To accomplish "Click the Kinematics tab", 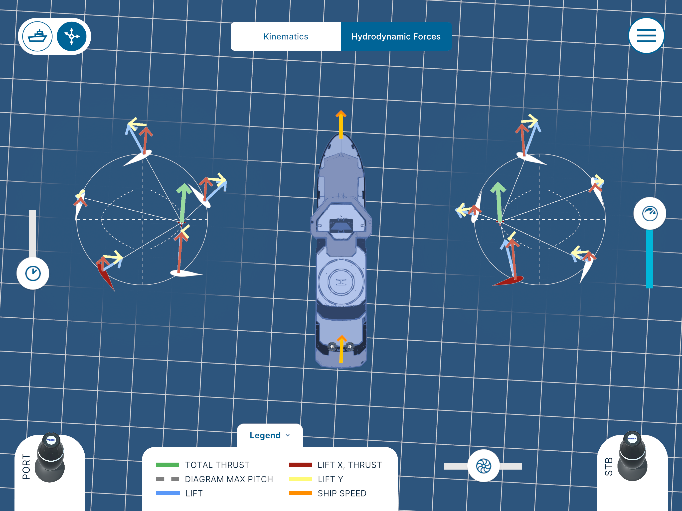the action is [x=286, y=36].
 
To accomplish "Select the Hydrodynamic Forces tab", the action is [x=396, y=36].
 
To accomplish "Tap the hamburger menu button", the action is [x=646, y=36].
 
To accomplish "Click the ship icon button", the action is [x=38, y=36].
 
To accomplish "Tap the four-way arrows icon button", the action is [x=72, y=36].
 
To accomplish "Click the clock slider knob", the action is [x=33, y=273].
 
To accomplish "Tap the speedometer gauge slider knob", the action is [x=650, y=213].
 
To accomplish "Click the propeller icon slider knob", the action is [x=484, y=466].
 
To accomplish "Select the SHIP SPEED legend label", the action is [x=342, y=493].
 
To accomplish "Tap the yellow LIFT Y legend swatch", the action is [x=300, y=479].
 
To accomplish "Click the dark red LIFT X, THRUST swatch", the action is [x=300, y=465].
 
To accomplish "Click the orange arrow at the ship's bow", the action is [x=341, y=124].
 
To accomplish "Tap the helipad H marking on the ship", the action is [x=341, y=282].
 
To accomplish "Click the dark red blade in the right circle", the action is [x=508, y=281].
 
